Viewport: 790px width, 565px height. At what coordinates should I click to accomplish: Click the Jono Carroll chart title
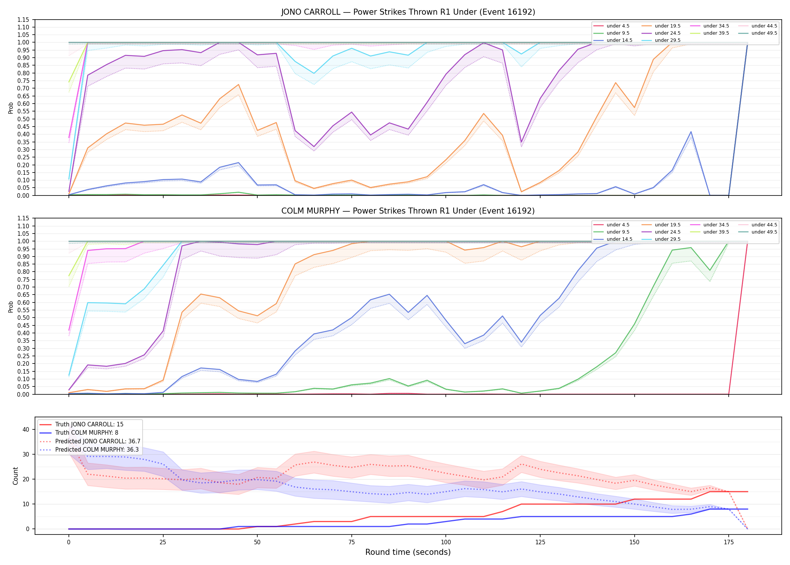[x=408, y=12]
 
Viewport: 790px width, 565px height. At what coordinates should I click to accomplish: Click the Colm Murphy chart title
[x=408, y=211]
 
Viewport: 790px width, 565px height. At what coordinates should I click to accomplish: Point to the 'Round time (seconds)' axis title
[x=408, y=552]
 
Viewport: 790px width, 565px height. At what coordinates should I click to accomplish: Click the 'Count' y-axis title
[x=15, y=476]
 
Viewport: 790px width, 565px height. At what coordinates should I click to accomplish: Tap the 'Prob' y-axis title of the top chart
[x=11, y=108]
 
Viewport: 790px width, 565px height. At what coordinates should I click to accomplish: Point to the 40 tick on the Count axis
[x=26, y=429]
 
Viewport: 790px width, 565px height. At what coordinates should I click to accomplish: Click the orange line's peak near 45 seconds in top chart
[x=239, y=84]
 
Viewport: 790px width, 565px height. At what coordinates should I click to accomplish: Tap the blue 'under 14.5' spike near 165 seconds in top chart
[x=691, y=132]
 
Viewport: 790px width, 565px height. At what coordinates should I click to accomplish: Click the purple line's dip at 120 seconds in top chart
[x=521, y=142]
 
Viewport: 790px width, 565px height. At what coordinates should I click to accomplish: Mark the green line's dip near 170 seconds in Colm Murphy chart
[x=710, y=270]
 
